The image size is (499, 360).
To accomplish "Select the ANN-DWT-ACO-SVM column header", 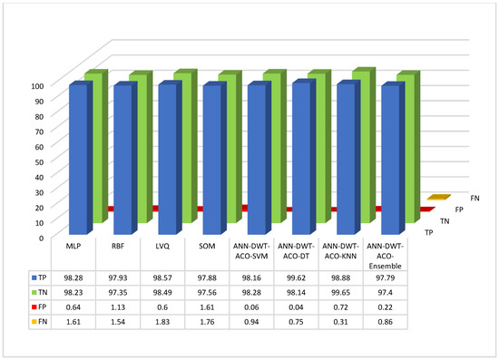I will (x=257, y=251).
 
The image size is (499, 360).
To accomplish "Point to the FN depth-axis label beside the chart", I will (x=475, y=197).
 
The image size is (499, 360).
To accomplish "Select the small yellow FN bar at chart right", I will (x=438, y=198).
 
